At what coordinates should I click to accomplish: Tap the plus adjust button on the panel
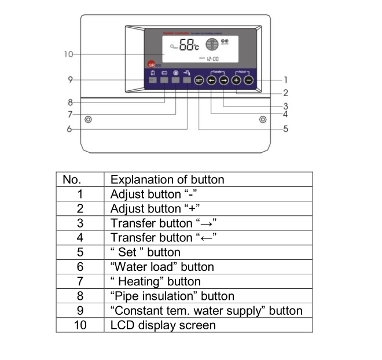click(x=236, y=80)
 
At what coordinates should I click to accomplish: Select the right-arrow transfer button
click(x=224, y=80)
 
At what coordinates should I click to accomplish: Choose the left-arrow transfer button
click(x=212, y=80)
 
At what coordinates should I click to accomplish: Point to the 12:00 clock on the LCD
click(x=213, y=58)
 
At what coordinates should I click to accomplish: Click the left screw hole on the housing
click(x=89, y=120)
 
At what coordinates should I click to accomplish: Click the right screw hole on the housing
click(x=263, y=120)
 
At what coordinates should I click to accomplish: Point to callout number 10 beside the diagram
click(x=69, y=54)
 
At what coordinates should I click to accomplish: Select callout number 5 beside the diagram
click(x=285, y=129)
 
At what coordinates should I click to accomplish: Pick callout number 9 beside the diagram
click(x=69, y=80)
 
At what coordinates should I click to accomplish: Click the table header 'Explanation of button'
click(x=167, y=179)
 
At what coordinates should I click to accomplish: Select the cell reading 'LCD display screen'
click(x=163, y=325)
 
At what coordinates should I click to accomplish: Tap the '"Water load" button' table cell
click(x=162, y=267)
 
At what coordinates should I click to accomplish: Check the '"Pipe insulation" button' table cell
click(x=172, y=296)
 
